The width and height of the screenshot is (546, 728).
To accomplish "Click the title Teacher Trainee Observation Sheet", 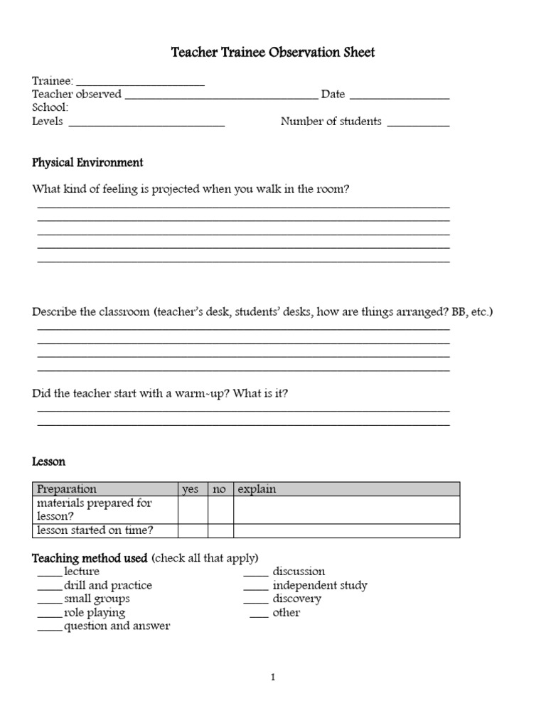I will [x=273, y=53].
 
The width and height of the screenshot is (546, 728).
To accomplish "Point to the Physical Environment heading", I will [x=87, y=163].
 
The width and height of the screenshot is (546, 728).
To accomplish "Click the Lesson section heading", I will [x=48, y=461].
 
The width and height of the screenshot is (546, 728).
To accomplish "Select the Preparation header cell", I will [x=105, y=489].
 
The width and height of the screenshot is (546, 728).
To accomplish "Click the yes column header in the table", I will [x=191, y=489].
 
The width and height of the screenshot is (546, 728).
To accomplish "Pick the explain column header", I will [x=346, y=489].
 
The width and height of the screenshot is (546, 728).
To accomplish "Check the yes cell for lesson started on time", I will [x=192, y=530].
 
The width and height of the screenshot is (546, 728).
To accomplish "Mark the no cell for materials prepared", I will [x=220, y=510].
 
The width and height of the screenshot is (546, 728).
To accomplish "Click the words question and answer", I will [x=117, y=626].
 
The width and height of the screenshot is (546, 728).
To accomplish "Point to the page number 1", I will [x=272, y=678].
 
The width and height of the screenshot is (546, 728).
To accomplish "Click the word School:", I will [x=50, y=107].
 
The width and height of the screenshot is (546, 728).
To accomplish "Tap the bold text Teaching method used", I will [x=90, y=558].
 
